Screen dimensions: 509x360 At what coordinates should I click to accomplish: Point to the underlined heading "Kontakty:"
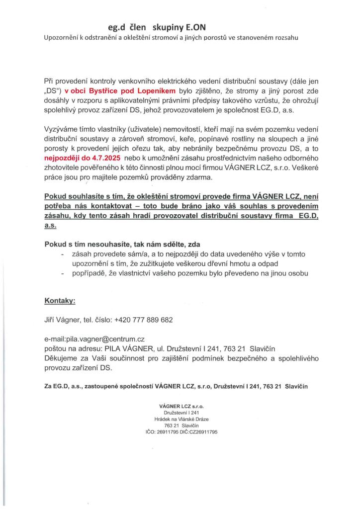click(60, 301)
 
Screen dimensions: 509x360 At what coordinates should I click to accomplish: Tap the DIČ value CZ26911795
click(205, 432)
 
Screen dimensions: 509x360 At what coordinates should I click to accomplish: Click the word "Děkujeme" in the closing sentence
click(63, 358)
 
